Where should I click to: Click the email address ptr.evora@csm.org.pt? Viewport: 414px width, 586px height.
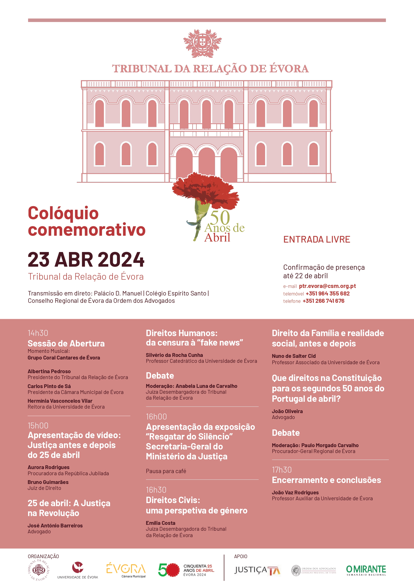point(327,286)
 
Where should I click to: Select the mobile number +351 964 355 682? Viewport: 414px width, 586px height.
point(328,294)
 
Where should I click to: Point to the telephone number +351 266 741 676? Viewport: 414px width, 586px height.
point(323,301)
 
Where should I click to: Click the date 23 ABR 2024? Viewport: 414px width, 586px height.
point(86,259)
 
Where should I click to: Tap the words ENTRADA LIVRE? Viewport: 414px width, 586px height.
point(317,240)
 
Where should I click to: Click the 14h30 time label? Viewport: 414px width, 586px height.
point(38,333)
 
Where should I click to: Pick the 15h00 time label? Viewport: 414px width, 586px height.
point(38,426)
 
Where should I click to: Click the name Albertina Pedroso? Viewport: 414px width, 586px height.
point(49,371)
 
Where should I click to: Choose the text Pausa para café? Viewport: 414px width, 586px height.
point(166,471)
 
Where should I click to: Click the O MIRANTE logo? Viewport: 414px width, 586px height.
point(366,570)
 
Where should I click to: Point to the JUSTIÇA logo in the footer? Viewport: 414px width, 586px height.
point(257,570)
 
